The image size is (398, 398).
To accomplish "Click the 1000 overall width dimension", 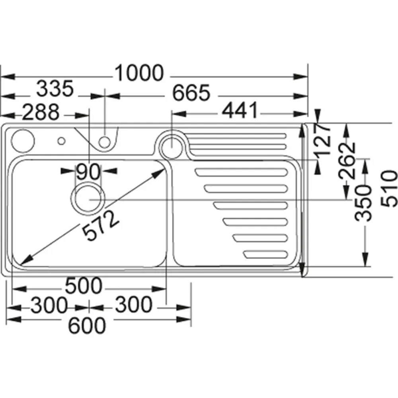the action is (x=139, y=73).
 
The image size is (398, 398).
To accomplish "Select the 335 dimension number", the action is (x=55, y=89).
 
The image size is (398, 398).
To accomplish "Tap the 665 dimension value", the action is (x=191, y=93).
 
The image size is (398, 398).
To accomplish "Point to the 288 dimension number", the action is (x=41, y=112).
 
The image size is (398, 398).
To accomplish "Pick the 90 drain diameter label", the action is (x=88, y=172).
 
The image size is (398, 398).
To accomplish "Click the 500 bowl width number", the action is (x=84, y=285).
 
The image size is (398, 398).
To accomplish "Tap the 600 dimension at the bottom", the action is (x=87, y=326).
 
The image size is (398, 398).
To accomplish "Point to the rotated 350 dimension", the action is (x=363, y=203).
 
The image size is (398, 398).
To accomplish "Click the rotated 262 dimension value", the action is (x=347, y=161).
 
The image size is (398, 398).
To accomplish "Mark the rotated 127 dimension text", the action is (x=322, y=139).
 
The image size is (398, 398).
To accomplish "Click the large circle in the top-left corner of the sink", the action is (x=23, y=141).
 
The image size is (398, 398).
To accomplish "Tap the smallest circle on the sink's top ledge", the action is (x=61, y=141).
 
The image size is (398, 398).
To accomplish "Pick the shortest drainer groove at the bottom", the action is (x=265, y=255).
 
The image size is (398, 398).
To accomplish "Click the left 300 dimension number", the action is (x=49, y=305).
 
